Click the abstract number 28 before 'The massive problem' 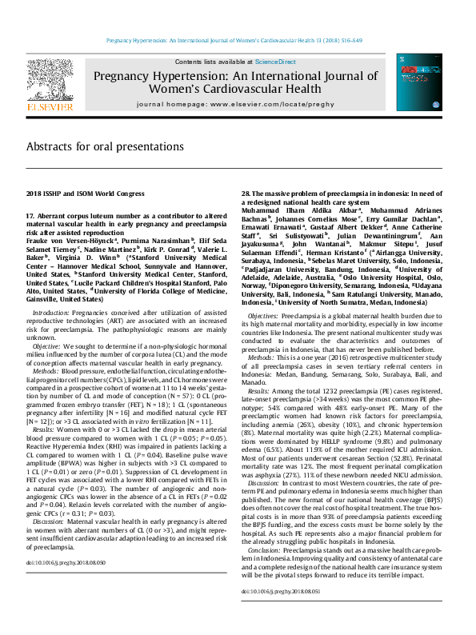tap(246, 194)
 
